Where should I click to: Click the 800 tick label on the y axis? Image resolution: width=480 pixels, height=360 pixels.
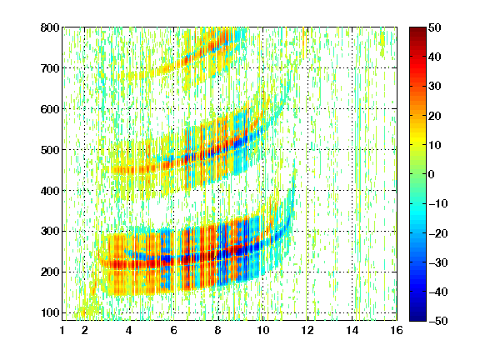pyautogui.click(x=50, y=27)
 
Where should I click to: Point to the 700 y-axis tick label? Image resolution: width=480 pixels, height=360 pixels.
pyautogui.click(x=50, y=68)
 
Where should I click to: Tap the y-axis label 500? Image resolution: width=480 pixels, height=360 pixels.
pyautogui.click(x=50, y=150)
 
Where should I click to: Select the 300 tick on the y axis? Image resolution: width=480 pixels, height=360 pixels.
pyautogui.click(x=50, y=232)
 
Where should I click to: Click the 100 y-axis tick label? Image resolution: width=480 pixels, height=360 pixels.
pyautogui.click(x=50, y=312)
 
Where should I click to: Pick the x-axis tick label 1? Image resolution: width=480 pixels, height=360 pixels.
pyautogui.click(x=62, y=330)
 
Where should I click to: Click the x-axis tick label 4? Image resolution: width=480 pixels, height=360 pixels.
pyautogui.click(x=129, y=330)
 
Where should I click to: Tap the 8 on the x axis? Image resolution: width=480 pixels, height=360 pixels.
pyautogui.click(x=218, y=330)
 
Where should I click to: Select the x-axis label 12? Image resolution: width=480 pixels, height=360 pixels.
pyautogui.click(x=307, y=330)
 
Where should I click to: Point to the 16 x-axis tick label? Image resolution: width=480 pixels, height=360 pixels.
pyautogui.click(x=397, y=330)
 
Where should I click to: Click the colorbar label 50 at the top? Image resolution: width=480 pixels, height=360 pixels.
pyautogui.click(x=435, y=27)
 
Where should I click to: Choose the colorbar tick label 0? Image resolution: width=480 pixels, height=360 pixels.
pyautogui.click(x=432, y=174)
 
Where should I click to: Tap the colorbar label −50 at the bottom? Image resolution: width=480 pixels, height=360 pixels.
pyautogui.click(x=438, y=321)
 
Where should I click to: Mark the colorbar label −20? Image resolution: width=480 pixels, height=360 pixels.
pyautogui.click(x=438, y=233)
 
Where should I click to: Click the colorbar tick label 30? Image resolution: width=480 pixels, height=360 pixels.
pyautogui.click(x=435, y=87)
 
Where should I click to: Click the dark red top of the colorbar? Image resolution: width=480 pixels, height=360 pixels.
pyautogui.click(x=417, y=31)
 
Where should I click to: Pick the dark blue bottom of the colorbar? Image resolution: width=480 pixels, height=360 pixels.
pyautogui.click(x=417, y=317)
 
